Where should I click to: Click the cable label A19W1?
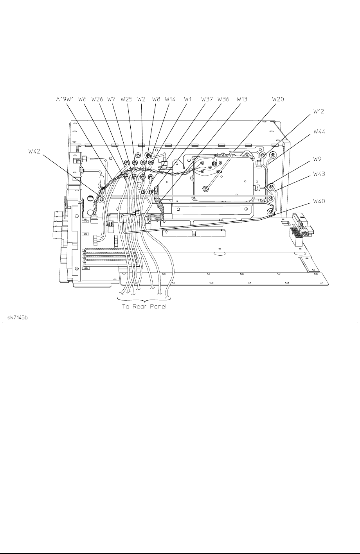pyautogui.click(x=65, y=99)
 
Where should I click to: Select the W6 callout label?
pyautogui.click(x=83, y=99)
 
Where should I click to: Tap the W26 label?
pyautogui.click(x=97, y=99)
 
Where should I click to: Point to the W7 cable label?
pyautogui.click(x=112, y=99)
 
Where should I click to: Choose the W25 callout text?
pyautogui.click(x=126, y=99)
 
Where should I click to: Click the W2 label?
pyautogui.click(x=141, y=99)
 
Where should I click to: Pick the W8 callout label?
pyautogui.click(x=156, y=99)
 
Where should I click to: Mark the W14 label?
pyautogui.click(x=170, y=99)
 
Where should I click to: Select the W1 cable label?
pyautogui.click(x=188, y=99)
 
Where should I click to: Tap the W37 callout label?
pyautogui.click(x=207, y=99)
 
